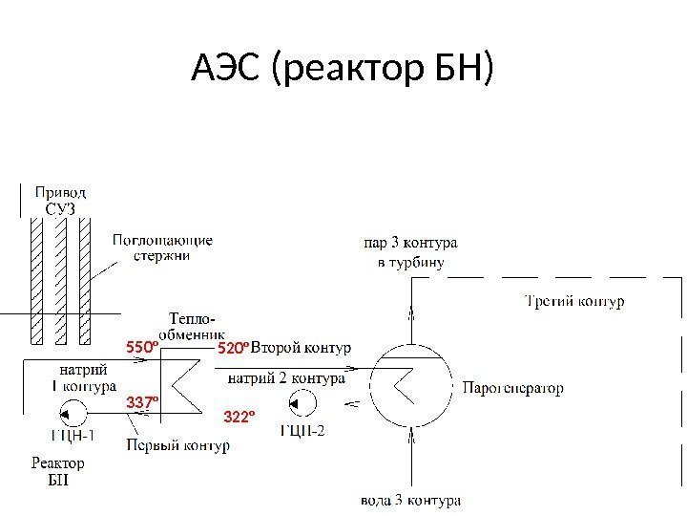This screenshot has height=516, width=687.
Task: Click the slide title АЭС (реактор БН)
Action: pos(343,69)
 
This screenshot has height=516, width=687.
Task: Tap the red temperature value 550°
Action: pos(141,350)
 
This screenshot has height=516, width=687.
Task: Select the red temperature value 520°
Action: pos(233,350)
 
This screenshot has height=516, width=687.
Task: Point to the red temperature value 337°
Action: pos(142,404)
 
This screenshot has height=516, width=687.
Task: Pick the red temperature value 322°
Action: pos(240,417)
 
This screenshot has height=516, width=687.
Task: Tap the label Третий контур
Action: pos(575,302)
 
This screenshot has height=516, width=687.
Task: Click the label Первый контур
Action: pos(177,445)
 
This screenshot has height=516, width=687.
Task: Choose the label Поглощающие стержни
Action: pos(162,247)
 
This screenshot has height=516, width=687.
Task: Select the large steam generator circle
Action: pos(412,386)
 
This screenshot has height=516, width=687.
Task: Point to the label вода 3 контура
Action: pos(411,500)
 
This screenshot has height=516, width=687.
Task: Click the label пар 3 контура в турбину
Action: pos(410,253)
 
